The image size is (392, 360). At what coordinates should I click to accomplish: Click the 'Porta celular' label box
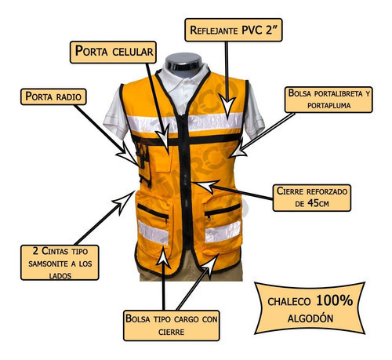pos(113,52)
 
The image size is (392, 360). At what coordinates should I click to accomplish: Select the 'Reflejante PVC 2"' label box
pos(234,30)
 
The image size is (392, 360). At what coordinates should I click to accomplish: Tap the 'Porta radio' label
pos(53,96)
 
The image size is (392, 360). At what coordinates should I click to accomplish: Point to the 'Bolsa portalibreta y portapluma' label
pos(328,100)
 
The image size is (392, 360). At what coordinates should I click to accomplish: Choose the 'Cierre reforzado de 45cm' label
pos(312,198)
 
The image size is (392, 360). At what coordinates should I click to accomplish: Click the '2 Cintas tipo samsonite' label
pos(60,263)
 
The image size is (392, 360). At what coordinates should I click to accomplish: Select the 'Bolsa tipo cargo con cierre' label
pos(172,325)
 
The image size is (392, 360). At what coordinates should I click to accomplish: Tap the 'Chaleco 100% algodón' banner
pos(310,308)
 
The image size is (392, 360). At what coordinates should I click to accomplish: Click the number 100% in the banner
pos(334,300)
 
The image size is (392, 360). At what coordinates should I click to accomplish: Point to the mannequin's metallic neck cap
pos(183,62)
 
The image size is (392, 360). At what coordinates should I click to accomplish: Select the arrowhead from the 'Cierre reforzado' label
pos(206,185)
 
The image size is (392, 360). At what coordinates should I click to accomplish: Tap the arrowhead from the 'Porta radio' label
pos(128,155)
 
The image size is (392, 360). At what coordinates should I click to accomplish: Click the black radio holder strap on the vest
pos(143,165)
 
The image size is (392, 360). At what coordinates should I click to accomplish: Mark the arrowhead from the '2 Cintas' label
pos(123,202)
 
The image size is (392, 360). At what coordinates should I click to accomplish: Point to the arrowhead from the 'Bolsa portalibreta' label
pos(238,150)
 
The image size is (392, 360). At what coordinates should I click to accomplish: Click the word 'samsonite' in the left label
pos(48,264)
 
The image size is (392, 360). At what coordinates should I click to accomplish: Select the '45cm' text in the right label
pos(318,203)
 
